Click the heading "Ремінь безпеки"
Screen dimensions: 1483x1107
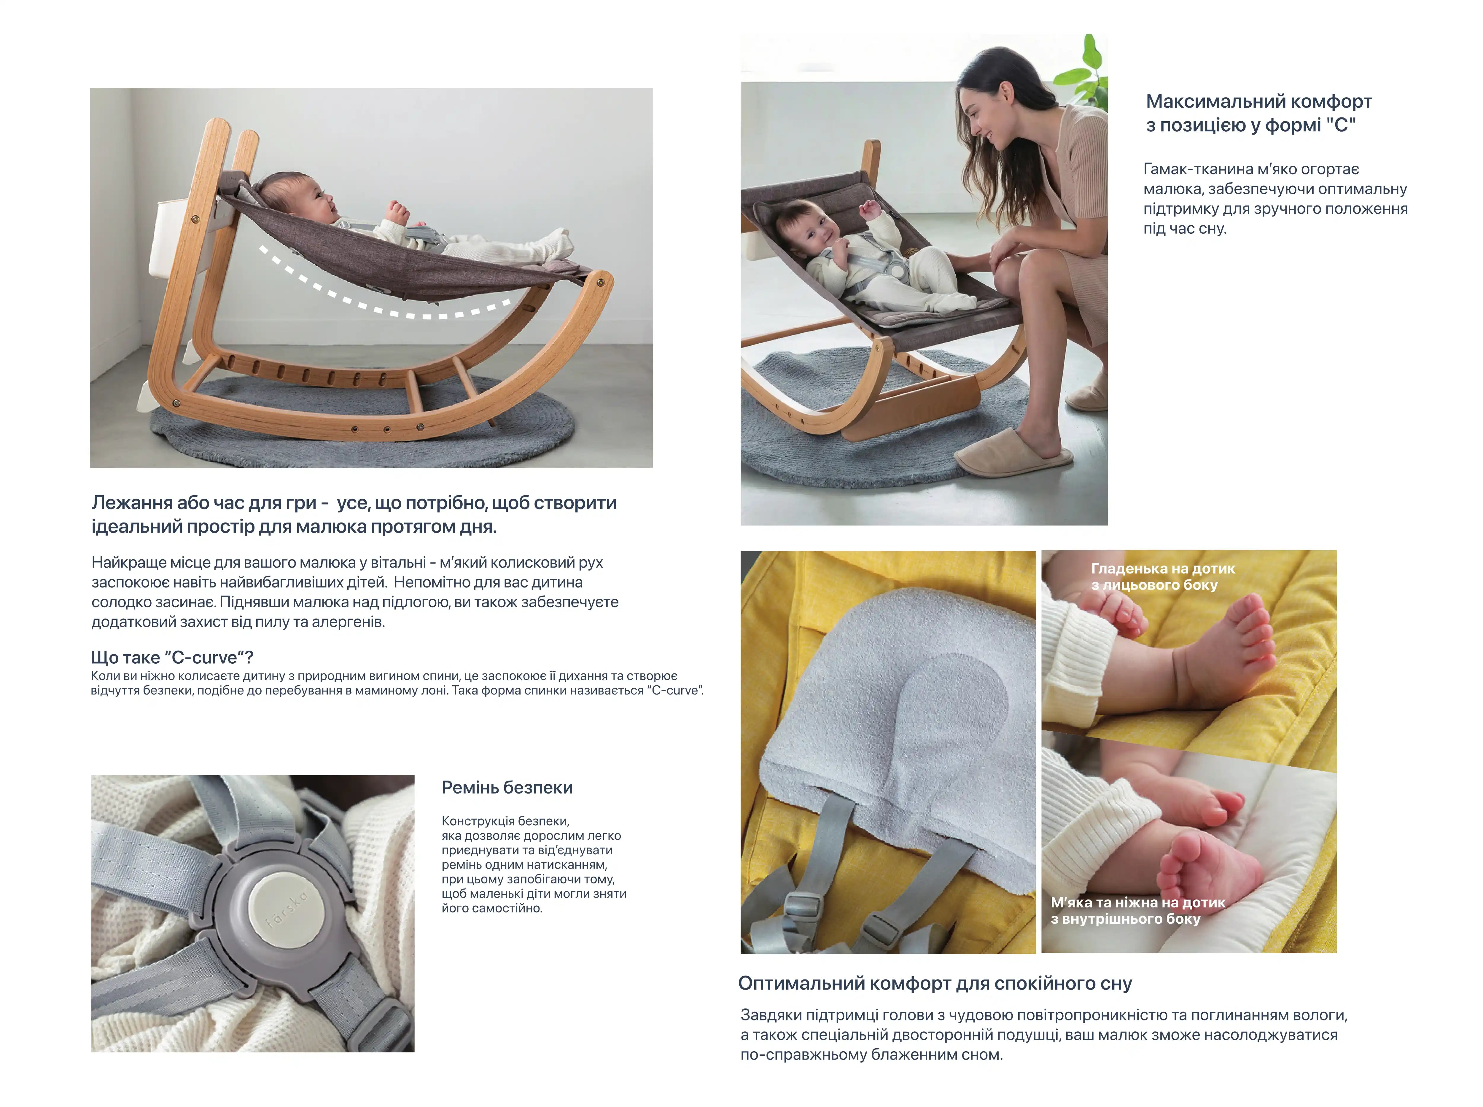[507, 787]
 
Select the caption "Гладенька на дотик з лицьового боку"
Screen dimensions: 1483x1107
[1163, 576]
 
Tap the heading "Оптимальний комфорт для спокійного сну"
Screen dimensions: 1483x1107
[935, 983]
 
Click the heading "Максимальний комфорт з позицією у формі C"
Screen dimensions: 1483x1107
[1258, 113]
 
